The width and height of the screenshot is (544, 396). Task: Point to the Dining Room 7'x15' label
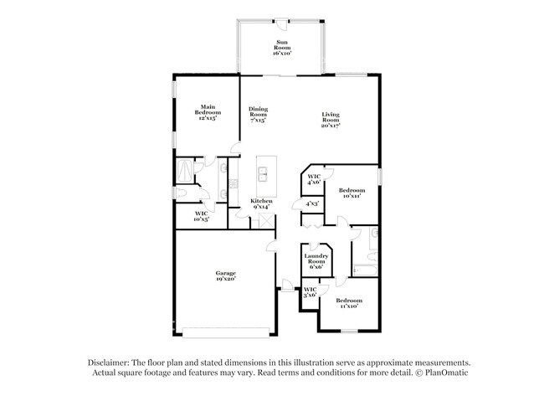point(258,114)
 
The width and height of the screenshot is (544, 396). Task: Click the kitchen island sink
point(263,175)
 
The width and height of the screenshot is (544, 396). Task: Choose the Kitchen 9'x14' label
point(262,204)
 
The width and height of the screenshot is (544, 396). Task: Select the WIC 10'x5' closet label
point(201,216)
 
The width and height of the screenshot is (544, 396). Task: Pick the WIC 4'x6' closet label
point(314,180)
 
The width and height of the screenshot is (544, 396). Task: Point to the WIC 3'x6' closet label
point(309,292)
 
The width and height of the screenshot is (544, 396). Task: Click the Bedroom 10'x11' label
point(352,193)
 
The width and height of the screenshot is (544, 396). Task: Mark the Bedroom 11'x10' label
point(349,302)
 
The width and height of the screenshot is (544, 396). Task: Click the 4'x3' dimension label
point(311,203)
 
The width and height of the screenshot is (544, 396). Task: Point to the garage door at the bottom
point(226,328)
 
